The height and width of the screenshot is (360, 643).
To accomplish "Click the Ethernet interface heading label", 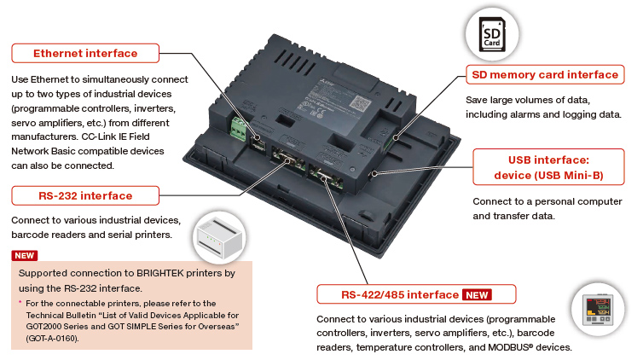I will tap(85, 54).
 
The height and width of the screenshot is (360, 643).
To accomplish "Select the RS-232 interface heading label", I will tap(84, 196).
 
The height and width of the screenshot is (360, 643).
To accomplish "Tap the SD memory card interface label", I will tap(545, 75).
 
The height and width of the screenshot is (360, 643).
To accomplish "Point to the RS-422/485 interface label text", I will tap(388, 295).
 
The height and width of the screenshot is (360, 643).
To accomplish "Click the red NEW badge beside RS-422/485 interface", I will tap(489, 295).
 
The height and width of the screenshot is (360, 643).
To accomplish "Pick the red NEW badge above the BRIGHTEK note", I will tap(24, 255).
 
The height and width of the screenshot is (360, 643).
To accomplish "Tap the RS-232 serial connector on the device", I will tap(285, 159).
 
